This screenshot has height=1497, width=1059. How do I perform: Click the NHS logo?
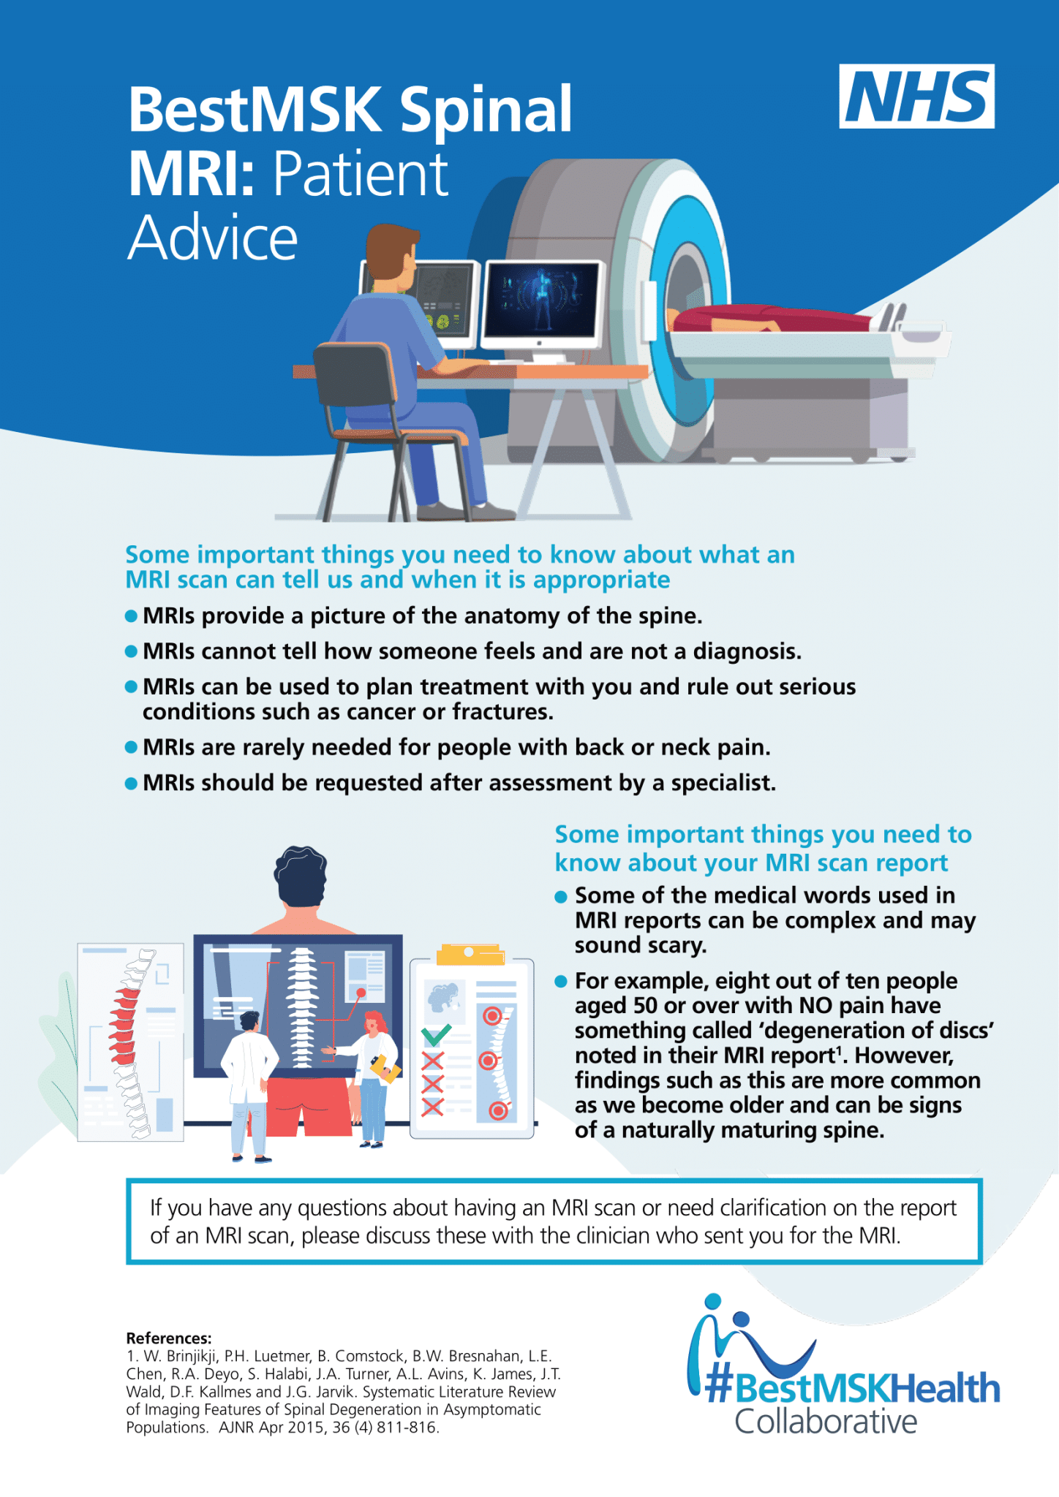[916, 96]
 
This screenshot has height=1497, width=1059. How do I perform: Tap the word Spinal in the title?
[486, 111]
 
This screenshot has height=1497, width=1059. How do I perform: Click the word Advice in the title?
[213, 238]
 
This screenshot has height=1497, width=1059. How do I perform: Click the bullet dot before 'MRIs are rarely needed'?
[132, 747]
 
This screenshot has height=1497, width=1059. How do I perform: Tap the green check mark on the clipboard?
[437, 1034]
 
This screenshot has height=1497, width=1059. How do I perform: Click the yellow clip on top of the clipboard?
[470, 953]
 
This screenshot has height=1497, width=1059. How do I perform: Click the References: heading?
[169, 1338]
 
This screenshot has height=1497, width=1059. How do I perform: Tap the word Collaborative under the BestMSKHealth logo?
[826, 1422]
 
